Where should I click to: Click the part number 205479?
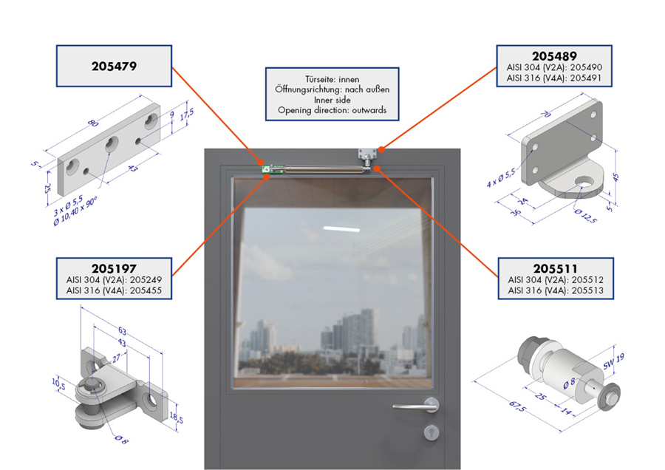pos(114,67)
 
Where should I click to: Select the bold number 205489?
pos(554,56)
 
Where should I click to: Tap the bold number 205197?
pos(114,268)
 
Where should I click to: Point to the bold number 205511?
pos(556,268)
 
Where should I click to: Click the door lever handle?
pos(417,406)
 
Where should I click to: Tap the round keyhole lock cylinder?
pos(432,432)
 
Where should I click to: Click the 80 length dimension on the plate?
pos(93,123)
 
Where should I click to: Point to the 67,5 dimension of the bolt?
pos(517,406)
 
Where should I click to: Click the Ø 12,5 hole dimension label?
pos(586,216)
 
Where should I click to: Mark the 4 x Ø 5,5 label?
pos(501,178)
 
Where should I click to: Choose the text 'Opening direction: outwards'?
pos(332,110)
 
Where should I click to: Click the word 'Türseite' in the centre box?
pos(319,79)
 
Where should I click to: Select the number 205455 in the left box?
pos(146,290)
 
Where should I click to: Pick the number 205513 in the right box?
pos(587,290)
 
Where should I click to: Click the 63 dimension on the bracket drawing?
pos(122,331)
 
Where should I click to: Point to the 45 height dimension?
pos(616,177)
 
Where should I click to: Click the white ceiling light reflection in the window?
pos(341,230)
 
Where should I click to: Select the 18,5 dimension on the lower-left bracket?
pos(177,418)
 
